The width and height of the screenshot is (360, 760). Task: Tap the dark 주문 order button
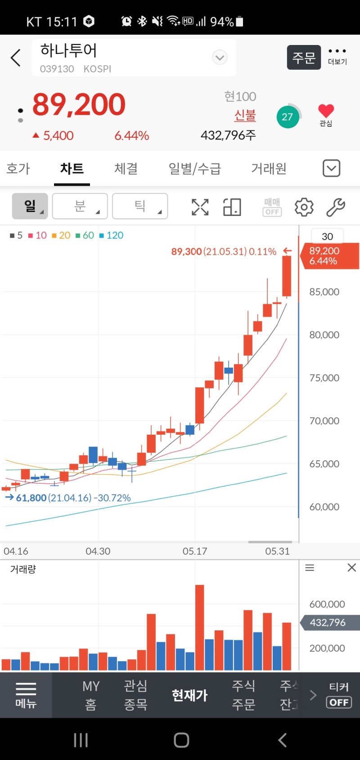coord(304,58)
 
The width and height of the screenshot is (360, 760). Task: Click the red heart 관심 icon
coord(326,111)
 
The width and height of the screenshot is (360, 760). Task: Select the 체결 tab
coord(126,169)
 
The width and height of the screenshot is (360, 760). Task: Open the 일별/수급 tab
coord(194,169)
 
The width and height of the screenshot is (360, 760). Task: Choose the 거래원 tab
coord(269,169)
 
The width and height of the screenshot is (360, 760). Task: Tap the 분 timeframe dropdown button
coord(80,206)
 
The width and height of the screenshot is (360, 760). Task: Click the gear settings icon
coord(304,207)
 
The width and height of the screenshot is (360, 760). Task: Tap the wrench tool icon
coord(335,207)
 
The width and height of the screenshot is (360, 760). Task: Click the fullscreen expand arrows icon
coord(200,207)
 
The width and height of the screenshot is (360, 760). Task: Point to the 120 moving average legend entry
coord(112,235)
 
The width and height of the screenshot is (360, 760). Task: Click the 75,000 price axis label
coord(324,378)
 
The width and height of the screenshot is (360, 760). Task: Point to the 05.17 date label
coord(195,551)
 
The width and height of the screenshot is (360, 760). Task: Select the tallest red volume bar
coord(199,627)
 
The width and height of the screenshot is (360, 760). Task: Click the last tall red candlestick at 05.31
coord(287,276)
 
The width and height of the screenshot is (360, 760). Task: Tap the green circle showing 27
coord(288,117)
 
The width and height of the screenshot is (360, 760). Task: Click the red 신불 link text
coord(245,116)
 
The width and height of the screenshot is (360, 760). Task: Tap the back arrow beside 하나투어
coord(16,58)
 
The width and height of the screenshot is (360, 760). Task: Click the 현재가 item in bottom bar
coord(189,695)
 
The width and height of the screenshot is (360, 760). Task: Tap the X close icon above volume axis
coord(352,568)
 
